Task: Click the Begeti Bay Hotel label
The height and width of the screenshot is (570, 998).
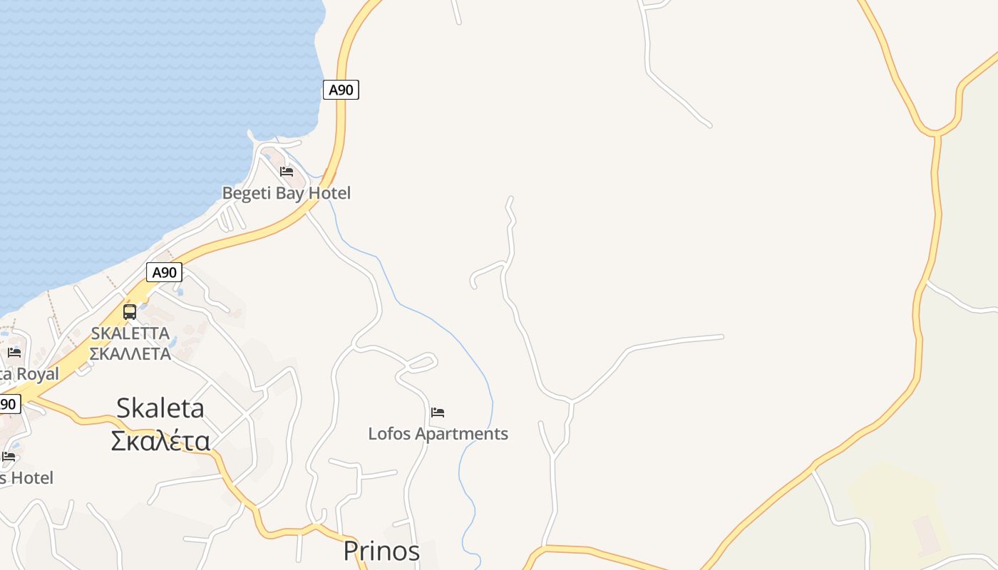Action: point(286,193)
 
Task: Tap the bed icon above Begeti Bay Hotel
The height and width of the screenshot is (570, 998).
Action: point(287,172)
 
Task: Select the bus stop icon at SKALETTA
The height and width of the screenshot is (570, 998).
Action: point(130,311)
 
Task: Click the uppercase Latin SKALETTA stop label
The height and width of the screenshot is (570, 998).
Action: point(130,333)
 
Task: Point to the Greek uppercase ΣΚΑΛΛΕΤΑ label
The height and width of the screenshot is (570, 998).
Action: point(130,353)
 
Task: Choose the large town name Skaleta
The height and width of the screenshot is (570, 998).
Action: point(160,408)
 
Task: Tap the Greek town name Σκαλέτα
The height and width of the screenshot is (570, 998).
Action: point(160,441)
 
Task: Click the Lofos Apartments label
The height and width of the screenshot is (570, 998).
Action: point(438,433)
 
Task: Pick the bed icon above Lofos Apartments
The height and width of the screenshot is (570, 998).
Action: point(438,413)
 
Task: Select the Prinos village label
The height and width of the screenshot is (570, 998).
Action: point(381,551)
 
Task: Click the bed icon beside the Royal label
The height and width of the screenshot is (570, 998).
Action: point(14,352)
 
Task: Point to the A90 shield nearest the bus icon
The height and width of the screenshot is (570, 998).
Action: point(164,272)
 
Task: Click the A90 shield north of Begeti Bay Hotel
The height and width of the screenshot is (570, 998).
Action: point(341,90)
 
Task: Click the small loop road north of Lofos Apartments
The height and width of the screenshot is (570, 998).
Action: point(421,363)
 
